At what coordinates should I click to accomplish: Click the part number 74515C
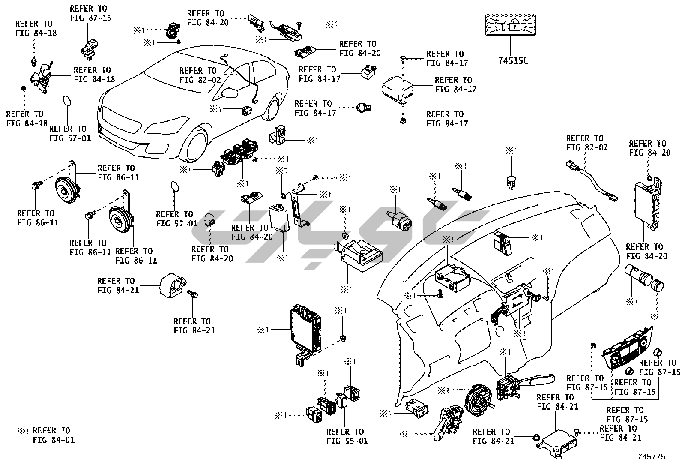513,60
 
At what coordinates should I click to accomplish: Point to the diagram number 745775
652,457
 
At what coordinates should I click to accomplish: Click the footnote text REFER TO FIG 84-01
51,435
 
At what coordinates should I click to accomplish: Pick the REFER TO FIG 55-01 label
345,436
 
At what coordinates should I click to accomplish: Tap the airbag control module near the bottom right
557,442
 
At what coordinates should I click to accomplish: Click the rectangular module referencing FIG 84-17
398,89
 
